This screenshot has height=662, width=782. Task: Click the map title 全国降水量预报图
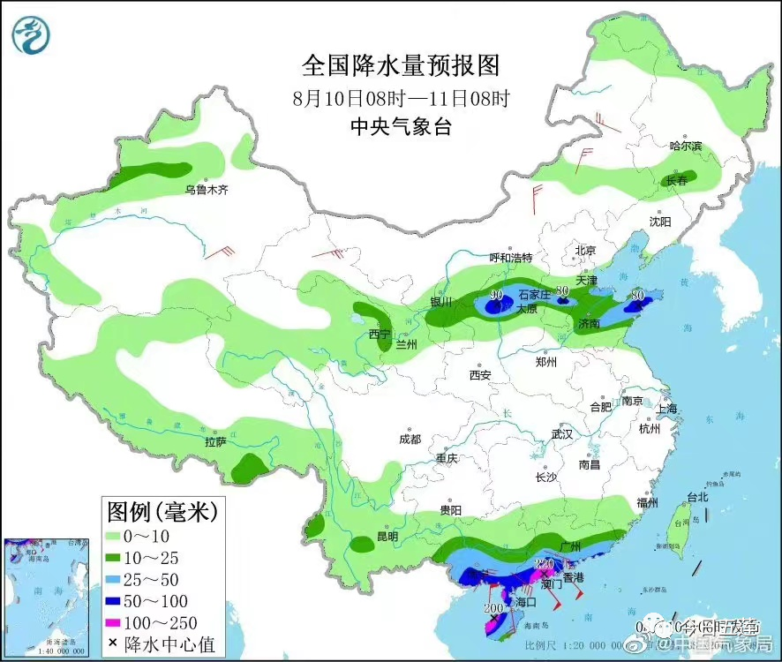pos(401,65)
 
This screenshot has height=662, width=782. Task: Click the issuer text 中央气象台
pos(401,126)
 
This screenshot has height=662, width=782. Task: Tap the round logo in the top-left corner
pos(31,34)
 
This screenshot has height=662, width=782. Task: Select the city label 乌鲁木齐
pos(206,190)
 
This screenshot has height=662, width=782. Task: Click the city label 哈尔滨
pos(685,146)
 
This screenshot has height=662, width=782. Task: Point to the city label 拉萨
pos(216,441)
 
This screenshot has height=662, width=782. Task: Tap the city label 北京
pos(586,250)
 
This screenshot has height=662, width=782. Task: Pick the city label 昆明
pos(387,536)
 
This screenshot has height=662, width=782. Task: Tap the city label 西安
pos(480,374)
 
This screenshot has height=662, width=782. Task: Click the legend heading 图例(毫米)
pos(161,510)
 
